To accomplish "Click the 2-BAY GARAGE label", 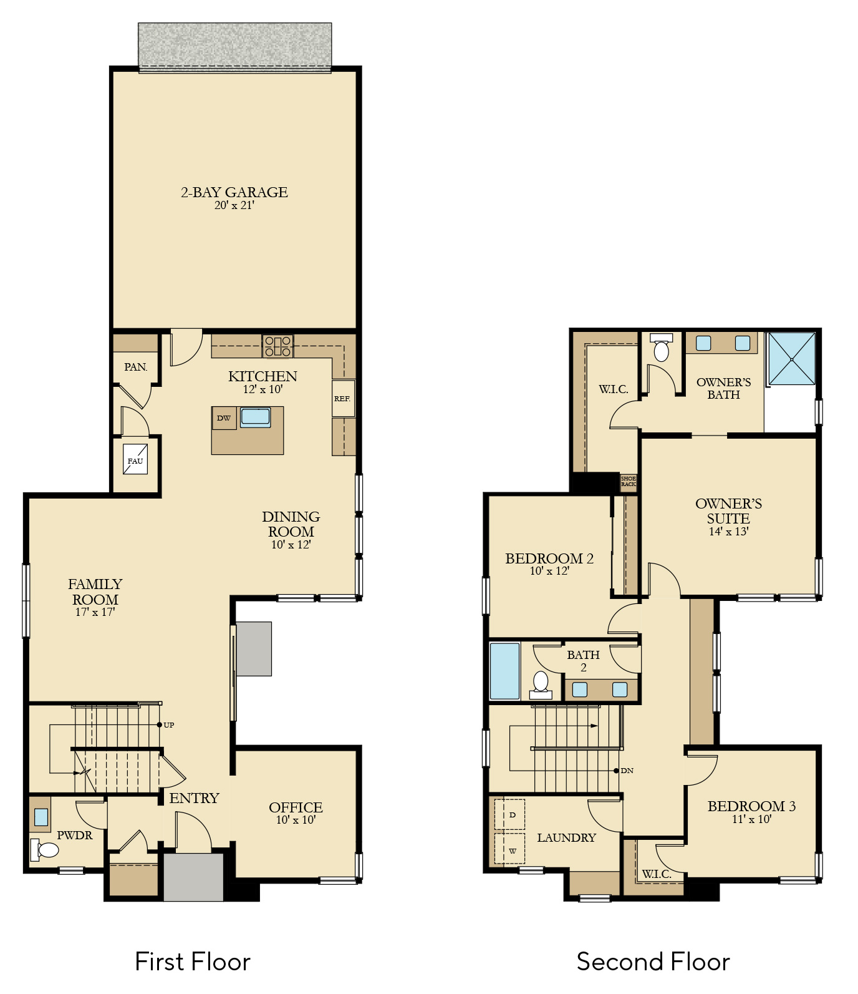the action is pos(234,192).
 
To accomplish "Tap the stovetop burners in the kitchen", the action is pos(278,346).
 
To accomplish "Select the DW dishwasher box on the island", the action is pos(224,418).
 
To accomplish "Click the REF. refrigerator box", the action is pos(343,398).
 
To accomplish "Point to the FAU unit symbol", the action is pos(135,459).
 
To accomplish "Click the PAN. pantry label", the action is pos(136,367).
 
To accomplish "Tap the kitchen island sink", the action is pos(256,417).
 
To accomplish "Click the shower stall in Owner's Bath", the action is pos(792,359).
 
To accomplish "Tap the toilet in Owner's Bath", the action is pos(662,348).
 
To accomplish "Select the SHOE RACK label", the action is pos(629,482).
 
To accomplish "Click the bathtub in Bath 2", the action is pos(504,671).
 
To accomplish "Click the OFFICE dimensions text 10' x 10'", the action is pos(296,820).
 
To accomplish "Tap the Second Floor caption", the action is pos(653,962).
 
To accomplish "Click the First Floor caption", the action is pos(193,962).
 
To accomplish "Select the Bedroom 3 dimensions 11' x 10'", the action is pos(752,819).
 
